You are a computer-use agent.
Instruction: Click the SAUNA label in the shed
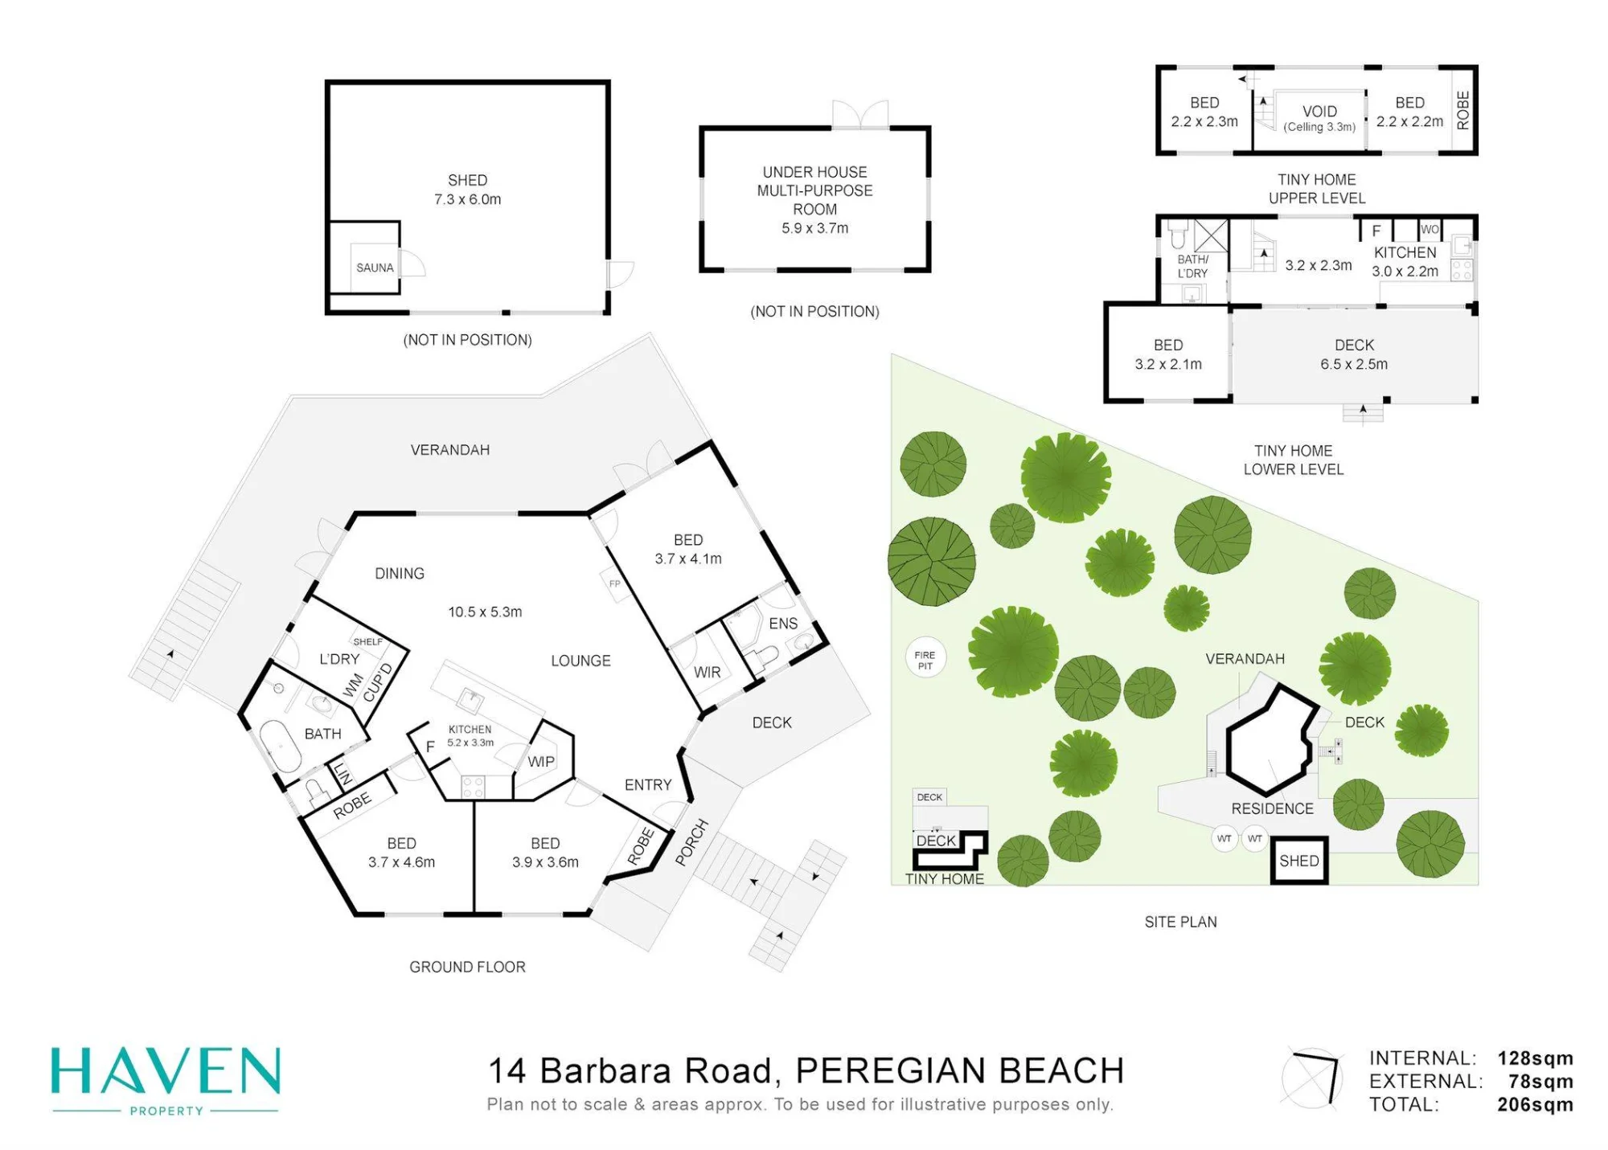point(375,268)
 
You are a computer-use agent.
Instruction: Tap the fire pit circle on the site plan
point(925,660)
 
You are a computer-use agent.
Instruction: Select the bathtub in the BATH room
point(280,747)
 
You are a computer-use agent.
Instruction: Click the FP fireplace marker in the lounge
point(614,583)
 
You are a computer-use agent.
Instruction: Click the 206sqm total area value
point(1535,1104)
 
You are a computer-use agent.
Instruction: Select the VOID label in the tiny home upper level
point(1319,111)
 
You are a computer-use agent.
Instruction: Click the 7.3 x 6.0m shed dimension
point(467,199)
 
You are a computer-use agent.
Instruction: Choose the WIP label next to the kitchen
point(541,761)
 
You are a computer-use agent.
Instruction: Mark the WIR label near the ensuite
point(708,672)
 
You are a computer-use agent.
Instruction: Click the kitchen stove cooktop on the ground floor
point(473,787)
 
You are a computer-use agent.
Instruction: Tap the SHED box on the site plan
point(1299,861)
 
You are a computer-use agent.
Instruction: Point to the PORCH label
point(691,842)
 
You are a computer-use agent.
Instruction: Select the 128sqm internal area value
point(1535,1058)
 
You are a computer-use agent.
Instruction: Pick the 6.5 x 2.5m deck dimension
point(1354,364)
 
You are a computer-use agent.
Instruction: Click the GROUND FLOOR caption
point(467,967)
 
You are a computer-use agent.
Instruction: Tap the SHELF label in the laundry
point(367,641)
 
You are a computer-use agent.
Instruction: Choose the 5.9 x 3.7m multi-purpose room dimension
point(814,228)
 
